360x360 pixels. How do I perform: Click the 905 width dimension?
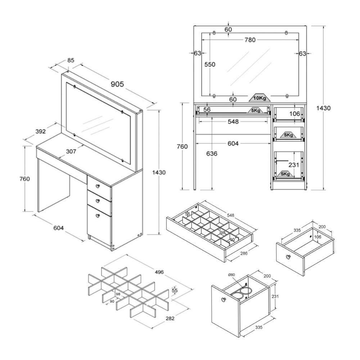[117, 84]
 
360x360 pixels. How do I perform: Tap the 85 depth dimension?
[71, 60]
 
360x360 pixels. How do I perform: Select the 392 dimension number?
[40, 132]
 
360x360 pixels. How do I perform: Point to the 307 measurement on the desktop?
[71, 152]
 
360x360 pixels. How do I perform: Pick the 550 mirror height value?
[210, 64]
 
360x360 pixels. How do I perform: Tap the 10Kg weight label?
[259, 98]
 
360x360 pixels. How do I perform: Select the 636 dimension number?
[212, 154]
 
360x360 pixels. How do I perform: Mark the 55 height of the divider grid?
[175, 290]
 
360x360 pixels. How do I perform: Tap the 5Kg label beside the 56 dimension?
[256, 111]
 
